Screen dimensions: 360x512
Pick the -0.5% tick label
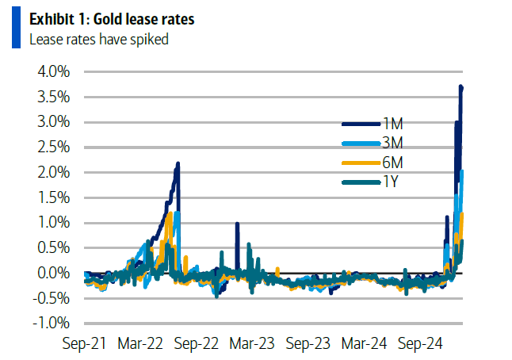(x=52, y=298)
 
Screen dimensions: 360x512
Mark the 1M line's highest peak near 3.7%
(x=461, y=86)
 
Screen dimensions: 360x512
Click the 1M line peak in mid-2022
(x=178, y=163)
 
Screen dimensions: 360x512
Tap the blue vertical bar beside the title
(x=16, y=29)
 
